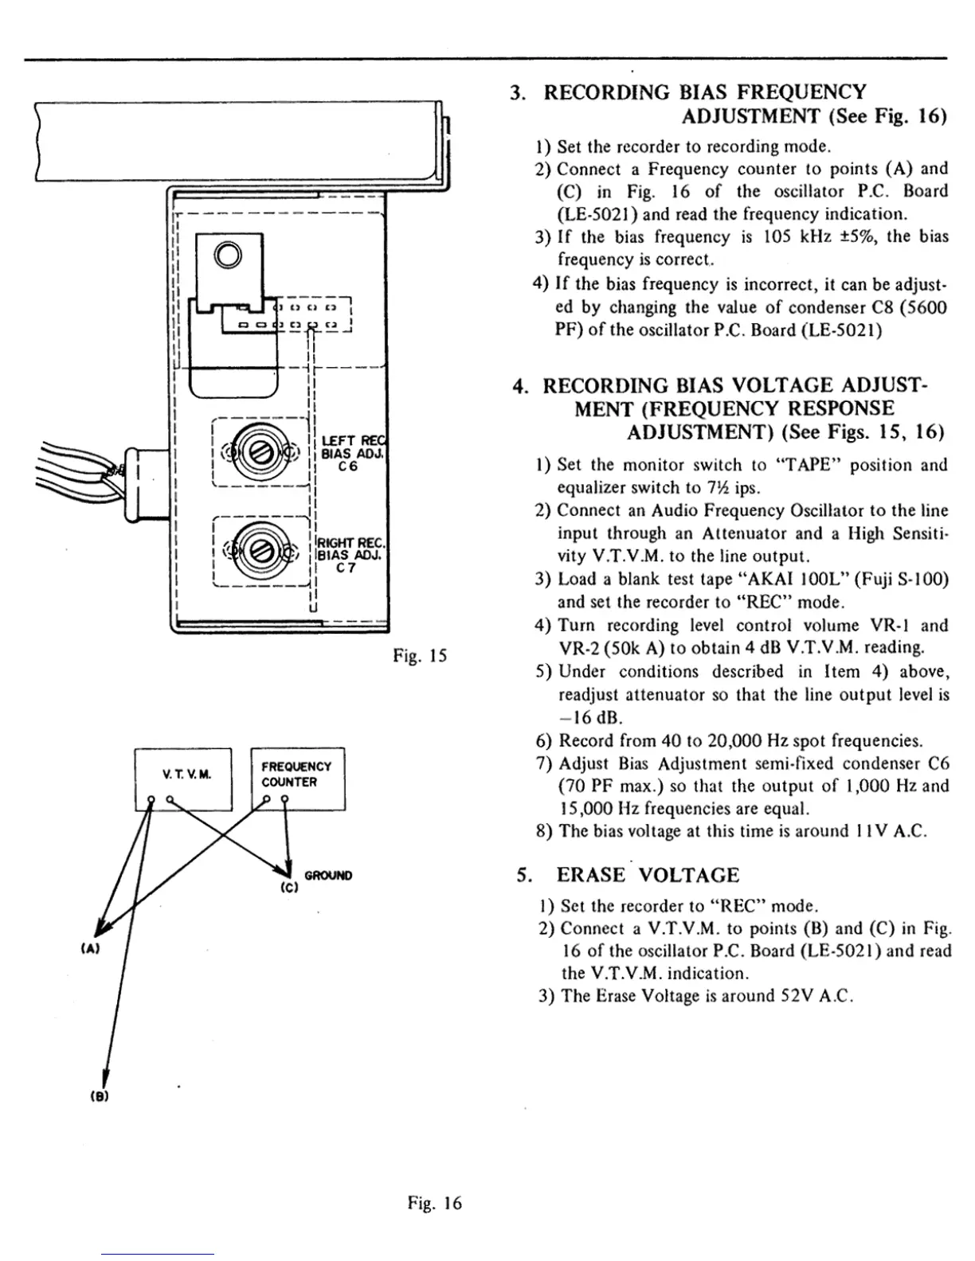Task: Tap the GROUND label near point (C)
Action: click(x=328, y=876)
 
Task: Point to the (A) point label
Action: click(x=90, y=950)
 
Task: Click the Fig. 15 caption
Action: click(x=420, y=656)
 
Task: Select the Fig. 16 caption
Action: click(x=434, y=1203)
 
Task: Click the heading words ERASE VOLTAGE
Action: click(x=648, y=876)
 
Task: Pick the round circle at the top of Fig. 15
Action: click(x=227, y=255)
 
